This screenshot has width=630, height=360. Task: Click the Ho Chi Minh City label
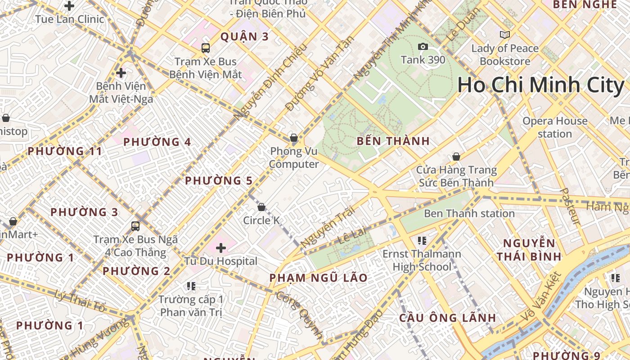[x=541, y=85]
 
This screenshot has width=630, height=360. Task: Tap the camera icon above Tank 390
[x=423, y=46]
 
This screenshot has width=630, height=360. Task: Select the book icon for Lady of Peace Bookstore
[x=505, y=35]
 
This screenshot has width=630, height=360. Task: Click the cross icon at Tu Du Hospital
[x=220, y=247]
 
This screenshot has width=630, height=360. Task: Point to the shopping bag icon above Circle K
[x=261, y=207]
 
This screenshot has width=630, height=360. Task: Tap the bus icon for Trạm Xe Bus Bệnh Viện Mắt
[x=205, y=48]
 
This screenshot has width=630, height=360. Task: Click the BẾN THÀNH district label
[x=393, y=141]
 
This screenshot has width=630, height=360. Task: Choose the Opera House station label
[x=555, y=127]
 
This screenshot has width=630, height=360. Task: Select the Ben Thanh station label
[x=469, y=213]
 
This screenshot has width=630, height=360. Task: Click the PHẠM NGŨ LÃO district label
[x=319, y=278]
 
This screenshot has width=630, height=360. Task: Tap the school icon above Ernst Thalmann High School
[x=422, y=241]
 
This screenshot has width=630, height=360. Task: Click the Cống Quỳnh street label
[x=300, y=315]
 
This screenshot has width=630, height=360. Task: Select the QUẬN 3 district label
[x=244, y=37]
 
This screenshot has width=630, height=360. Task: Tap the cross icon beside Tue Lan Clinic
[x=69, y=6]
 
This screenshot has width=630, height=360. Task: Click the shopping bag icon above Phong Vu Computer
[x=294, y=138]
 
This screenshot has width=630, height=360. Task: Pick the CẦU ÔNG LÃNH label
[x=448, y=318]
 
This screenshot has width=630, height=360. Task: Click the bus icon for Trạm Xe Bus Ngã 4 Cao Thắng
[x=135, y=226]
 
